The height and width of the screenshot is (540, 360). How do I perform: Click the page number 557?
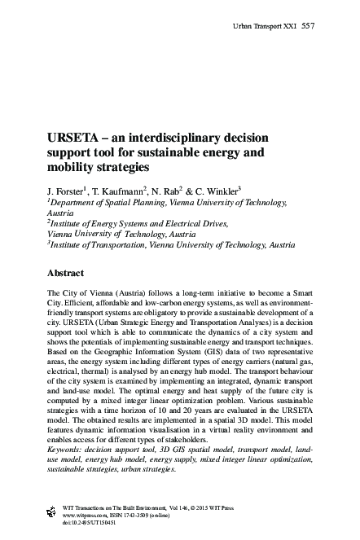click(x=308, y=26)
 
